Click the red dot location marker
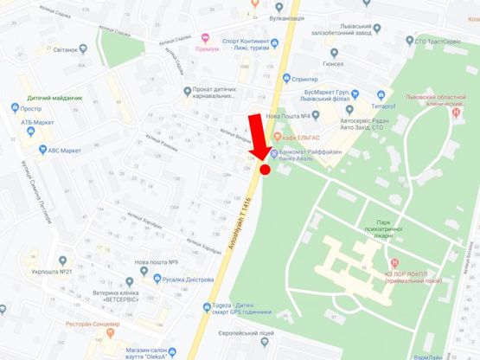pos(265,170)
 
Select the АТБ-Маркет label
pos(40,123)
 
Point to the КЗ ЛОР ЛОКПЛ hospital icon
pos(394,263)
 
